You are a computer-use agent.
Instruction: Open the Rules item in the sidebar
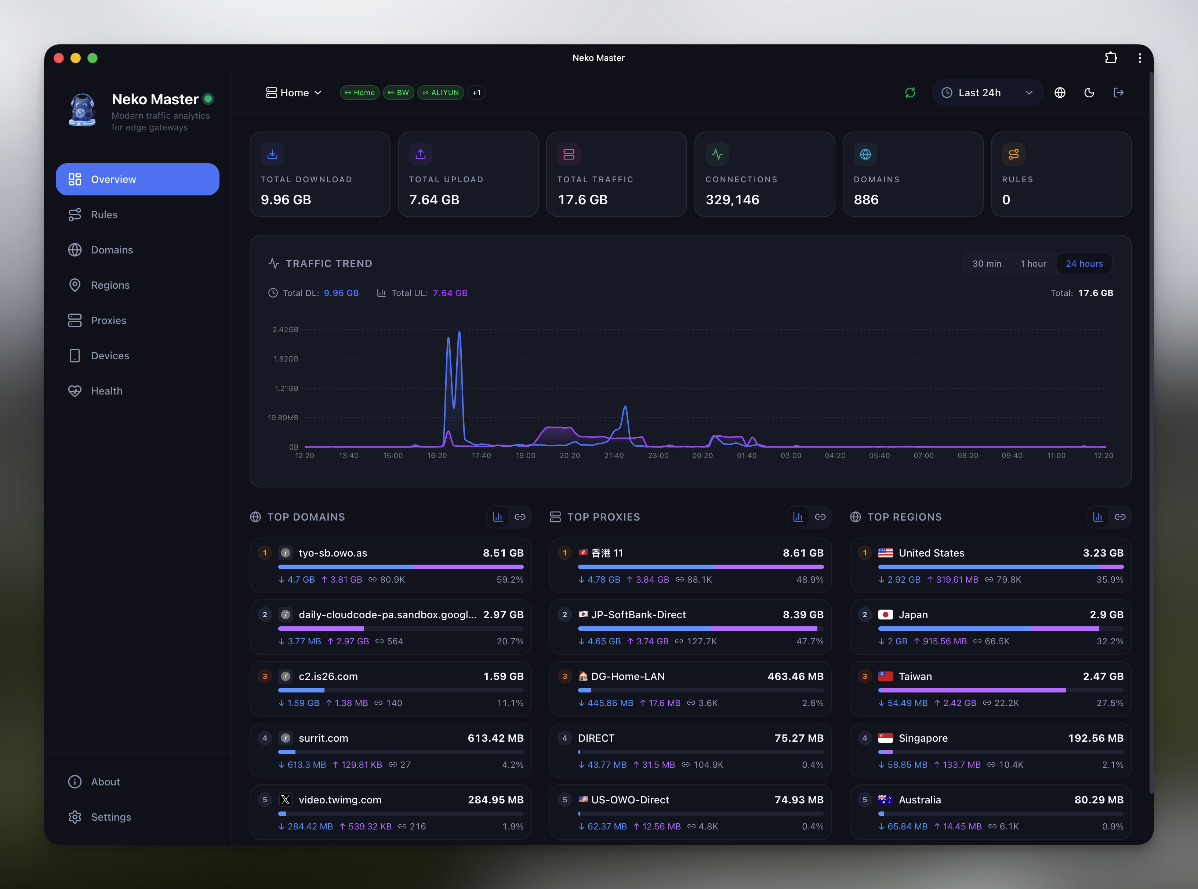point(104,215)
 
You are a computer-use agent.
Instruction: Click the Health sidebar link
point(106,391)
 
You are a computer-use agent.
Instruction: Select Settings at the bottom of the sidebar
point(111,817)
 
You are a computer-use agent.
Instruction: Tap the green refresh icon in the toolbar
point(910,93)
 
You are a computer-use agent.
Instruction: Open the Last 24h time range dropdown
point(987,93)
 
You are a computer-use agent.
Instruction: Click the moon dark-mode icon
point(1089,93)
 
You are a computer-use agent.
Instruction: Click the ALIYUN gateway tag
point(441,93)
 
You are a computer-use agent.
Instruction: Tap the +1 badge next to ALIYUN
point(476,93)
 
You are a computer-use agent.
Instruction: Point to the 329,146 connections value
point(732,199)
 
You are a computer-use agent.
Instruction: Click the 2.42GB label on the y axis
point(286,330)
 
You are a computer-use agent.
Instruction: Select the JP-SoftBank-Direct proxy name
point(638,615)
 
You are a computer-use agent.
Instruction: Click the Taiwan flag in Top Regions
point(885,676)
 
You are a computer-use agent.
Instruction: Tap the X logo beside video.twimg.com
point(286,800)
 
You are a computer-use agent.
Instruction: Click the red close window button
point(59,58)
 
